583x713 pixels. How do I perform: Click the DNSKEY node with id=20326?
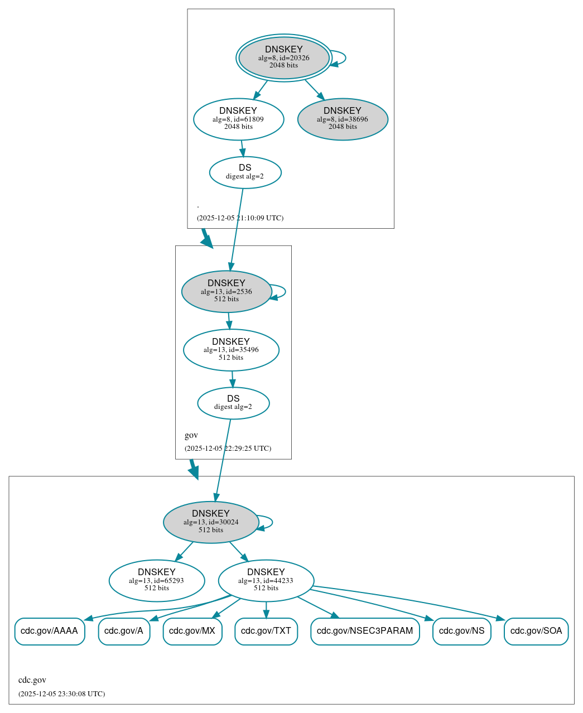(x=284, y=57)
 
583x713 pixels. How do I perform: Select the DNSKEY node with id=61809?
(x=239, y=119)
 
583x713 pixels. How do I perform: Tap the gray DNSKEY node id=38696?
(x=343, y=119)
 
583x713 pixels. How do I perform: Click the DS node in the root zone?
(x=245, y=172)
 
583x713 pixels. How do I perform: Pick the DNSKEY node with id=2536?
(x=227, y=291)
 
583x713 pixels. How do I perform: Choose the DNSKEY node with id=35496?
(x=231, y=350)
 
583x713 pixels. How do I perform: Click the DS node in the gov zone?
(x=233, y=403)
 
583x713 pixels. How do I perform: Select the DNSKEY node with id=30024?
(x=211, y=522)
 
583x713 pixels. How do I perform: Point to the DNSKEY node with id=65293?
(x=157, y=580)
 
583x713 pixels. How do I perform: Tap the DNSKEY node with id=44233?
(x=266, y=580)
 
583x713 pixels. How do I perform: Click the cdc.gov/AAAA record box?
(x=50, y=631)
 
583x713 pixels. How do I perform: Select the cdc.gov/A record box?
(x=124, y=631)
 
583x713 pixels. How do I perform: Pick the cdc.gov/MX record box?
(x=192, y=631)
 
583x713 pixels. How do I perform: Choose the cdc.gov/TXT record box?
(x=266, y=631)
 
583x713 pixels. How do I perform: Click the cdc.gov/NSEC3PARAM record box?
(x=365, y=631)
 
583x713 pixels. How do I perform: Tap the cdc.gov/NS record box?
(x=461, y=631)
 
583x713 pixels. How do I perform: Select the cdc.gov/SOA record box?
(x=536, y=631)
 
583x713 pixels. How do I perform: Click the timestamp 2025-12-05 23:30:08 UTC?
(x=61, y=694)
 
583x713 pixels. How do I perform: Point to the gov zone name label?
(x=191, y=435)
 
